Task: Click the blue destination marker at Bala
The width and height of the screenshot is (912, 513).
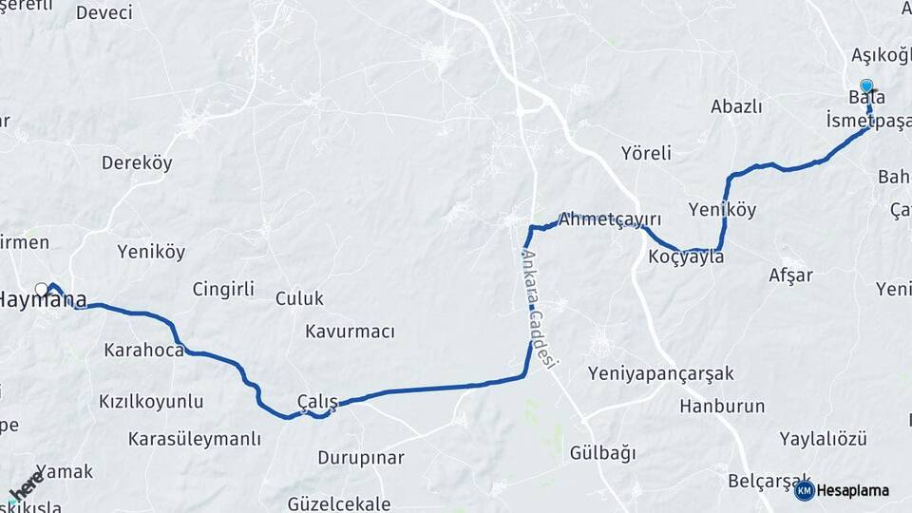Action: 866,85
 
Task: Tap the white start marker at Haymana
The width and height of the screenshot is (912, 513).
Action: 41,289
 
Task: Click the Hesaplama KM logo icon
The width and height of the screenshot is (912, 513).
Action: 805,490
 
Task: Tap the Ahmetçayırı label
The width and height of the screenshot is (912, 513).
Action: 609,218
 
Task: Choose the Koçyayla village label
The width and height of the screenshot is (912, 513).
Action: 686,257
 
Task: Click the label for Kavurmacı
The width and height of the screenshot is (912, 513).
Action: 350,332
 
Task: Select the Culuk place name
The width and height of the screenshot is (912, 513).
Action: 299,298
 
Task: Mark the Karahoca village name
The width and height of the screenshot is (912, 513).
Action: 144,350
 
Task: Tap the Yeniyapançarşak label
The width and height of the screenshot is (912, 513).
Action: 660,373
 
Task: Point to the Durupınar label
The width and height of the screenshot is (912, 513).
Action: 361,458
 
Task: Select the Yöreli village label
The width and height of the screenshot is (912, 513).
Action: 646,153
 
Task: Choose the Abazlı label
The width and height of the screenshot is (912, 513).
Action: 736,106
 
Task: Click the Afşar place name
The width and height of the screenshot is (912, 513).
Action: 790,275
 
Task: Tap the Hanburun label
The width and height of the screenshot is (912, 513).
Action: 722,407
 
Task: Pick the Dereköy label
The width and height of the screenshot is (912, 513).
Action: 137,162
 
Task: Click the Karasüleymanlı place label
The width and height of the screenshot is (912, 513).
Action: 195,439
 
